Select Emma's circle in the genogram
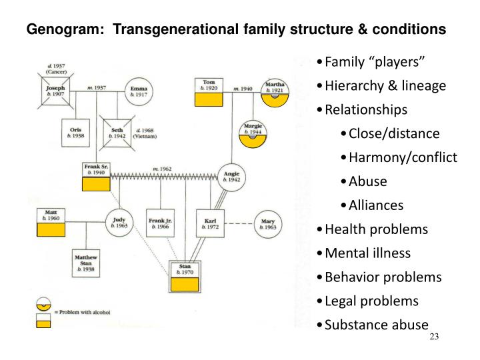pyautogui.click(x=139, y=92)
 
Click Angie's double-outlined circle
pyautogui.click(x=231, y=177)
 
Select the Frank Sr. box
pyautogui.click(x=96, y=176)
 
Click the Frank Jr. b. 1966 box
pyautogui.click(x=160, y=223)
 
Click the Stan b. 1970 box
pyautogui.click(x=185, y=277)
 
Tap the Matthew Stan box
pyautogui.click(x=86, y=262)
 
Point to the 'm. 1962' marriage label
pyautogui.click(x=162, y=169)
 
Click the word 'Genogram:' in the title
pyautogui.click(x=55, y=30)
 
